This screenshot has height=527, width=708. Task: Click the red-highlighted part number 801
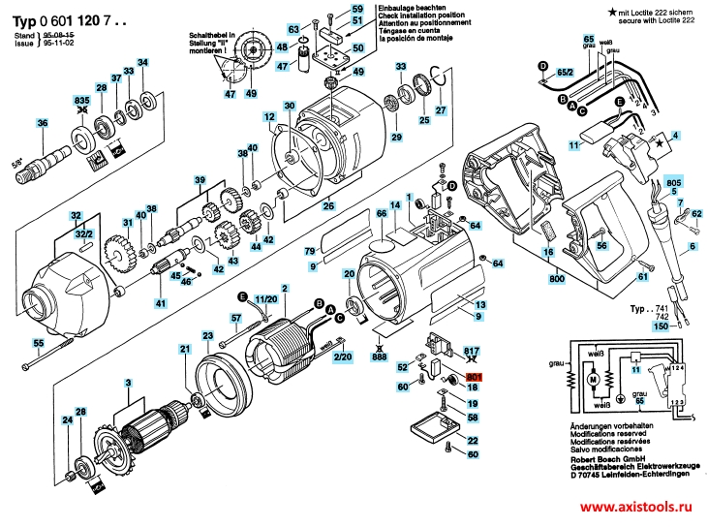(474, 377)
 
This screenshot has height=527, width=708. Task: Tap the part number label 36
(42, 123)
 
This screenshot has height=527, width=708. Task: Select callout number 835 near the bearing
(82, 101)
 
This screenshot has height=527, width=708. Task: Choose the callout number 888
(380, 357)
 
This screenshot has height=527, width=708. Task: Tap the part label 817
(472, 351)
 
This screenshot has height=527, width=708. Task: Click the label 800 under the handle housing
(556, 279)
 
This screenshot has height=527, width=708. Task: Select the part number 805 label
(674, 183)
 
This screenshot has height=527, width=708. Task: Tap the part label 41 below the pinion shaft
(161, 305)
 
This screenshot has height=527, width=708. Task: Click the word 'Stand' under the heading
(24, 34)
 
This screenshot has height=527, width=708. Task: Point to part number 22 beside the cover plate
(473, 441)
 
